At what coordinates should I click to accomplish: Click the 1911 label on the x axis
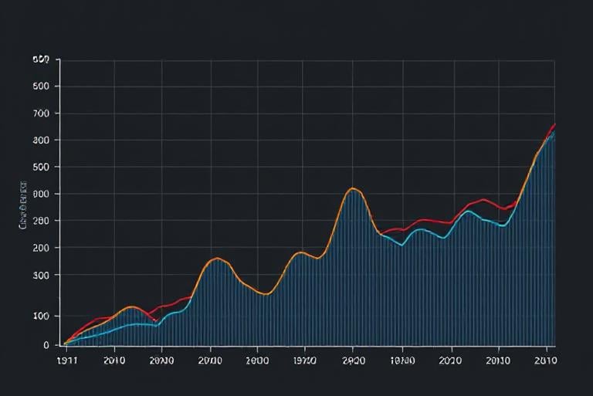[67, 359]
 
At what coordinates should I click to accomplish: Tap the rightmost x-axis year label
[545, 359]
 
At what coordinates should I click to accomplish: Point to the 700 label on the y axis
[41, 113]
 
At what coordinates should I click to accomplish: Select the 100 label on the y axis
[41, 316]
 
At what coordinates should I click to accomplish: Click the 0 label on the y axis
[46, 344]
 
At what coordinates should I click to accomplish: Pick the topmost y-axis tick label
[41, 59]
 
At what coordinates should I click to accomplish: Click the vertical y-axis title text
[22, 206]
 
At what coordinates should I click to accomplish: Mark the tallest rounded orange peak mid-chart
[353, 188]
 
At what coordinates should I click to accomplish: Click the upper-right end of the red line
[554, 124]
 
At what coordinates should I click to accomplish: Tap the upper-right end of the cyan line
[554, 133]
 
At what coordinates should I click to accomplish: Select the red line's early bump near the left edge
[100, 318]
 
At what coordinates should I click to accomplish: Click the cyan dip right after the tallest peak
[402, 245]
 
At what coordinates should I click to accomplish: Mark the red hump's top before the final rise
[483, 200]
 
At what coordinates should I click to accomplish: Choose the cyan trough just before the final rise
[503, 225]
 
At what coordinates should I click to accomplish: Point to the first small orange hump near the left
[130, 307]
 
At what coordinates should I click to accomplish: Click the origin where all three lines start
[64, 344]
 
